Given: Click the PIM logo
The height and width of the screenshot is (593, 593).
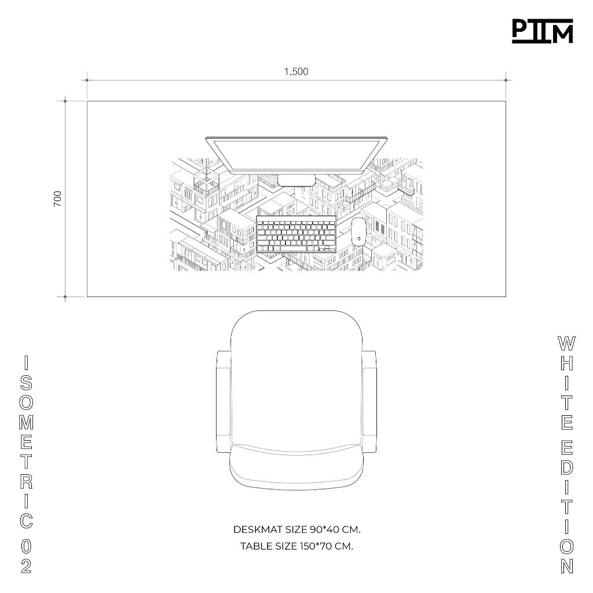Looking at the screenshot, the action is (542, 31).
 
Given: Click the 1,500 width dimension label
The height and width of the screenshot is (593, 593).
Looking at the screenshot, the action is (296, 71).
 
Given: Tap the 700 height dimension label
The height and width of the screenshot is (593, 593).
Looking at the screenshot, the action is (57, 199).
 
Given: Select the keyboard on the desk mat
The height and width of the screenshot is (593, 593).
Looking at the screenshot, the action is (296, 235).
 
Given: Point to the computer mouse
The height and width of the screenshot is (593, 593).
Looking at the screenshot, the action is (358, 232).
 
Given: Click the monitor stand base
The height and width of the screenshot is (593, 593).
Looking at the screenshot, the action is (296, 181).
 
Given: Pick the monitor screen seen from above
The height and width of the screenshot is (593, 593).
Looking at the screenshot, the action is (296, 155).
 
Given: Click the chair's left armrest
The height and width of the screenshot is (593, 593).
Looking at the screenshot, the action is (224, 402).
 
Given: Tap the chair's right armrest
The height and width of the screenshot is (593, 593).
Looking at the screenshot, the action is (369, 402).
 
